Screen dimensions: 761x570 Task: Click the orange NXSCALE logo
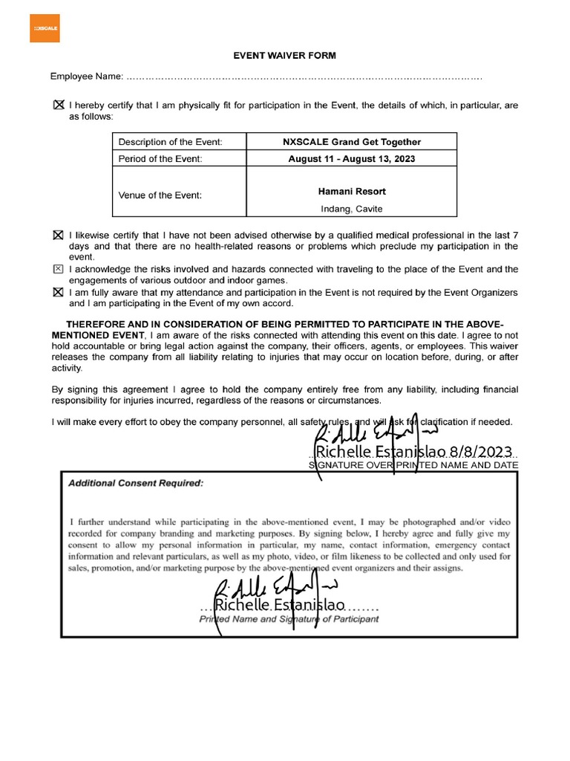[45, 29]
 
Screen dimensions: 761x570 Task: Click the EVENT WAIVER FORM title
[285, 55]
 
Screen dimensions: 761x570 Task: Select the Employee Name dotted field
[304, 77]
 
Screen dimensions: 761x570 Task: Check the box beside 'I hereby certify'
[59, 106]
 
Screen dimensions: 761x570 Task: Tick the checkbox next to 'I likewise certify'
[59, 235]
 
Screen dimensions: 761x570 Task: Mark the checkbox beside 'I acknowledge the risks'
[59, 268]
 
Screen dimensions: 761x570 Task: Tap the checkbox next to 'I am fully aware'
[59, 292]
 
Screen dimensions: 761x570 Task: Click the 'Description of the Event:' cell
[171, 142]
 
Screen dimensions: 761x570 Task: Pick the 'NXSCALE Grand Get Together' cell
[352, 142]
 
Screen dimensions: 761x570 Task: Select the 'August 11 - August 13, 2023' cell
[352, 159]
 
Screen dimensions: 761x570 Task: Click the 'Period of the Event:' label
[160, 159]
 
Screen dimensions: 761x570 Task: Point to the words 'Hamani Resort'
[352, 191]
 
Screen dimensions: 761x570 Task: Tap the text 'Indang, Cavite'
[352, 209]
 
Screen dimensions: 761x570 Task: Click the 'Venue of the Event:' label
[160, 196]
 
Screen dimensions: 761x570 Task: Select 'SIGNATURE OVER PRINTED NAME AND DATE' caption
[413, 465]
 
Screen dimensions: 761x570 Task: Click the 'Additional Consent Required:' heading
[135, 482]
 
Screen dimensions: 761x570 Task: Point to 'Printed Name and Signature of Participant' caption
[289, 618]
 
